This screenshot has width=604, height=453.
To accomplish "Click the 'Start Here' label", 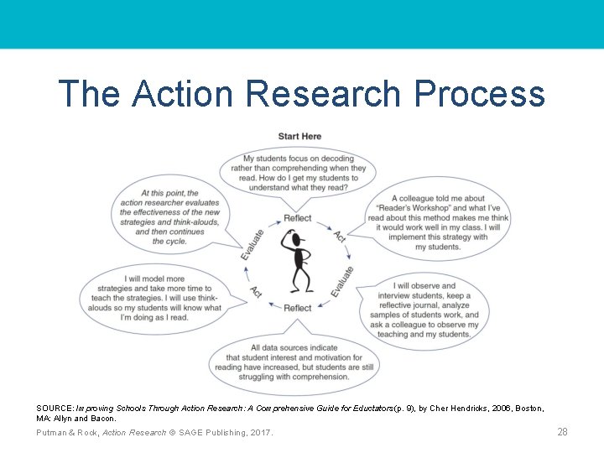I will (299, 136).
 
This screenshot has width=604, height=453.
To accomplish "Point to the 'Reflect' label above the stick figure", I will (298, 218).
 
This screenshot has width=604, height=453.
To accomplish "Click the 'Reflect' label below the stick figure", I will (298, 308).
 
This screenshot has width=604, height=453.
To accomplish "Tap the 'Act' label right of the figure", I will (340, 237).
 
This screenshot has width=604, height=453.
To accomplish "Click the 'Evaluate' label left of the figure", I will (252, 243).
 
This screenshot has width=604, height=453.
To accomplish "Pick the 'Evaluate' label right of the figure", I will (341, 282).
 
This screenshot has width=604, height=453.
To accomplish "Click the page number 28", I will (562, 432).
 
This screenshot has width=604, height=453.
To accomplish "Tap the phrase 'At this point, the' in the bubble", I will (169, 193).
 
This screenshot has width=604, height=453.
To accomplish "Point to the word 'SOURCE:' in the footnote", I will (55, 408).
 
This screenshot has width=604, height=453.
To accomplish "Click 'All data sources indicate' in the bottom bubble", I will (294, 347).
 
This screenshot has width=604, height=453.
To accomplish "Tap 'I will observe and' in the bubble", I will (424, 286).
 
